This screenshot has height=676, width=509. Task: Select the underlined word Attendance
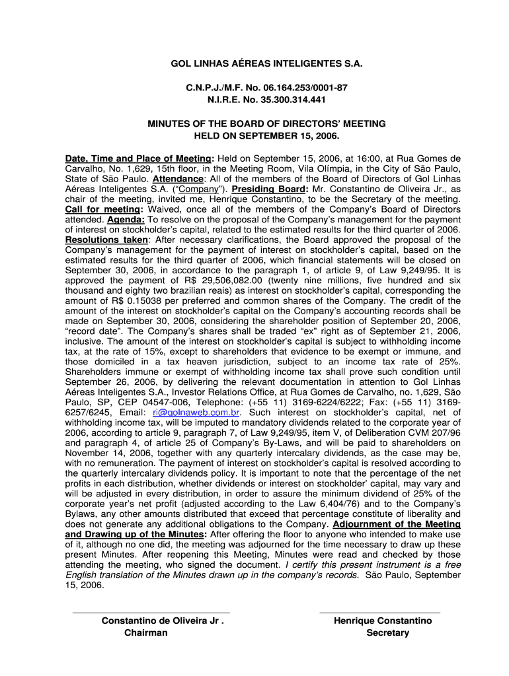click(178, 179)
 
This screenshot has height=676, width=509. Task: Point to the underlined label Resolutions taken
click(107, 240)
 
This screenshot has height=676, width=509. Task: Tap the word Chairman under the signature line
click(146, 632)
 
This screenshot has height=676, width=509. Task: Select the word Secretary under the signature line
click(388, 632)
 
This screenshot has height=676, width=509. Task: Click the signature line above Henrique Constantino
click(379, 613)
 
